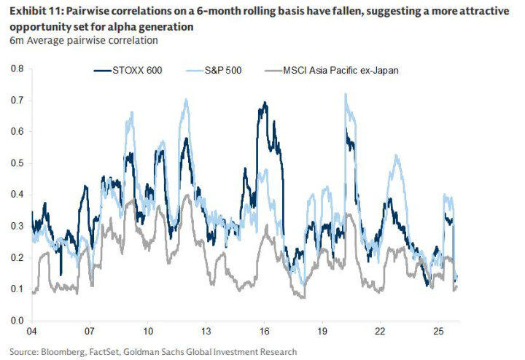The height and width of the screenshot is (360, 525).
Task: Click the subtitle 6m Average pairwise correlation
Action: (x=83, y=40)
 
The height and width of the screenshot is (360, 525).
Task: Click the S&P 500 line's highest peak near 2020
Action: (x=345, y=94)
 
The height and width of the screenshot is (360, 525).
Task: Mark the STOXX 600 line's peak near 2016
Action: (x=264, y=103)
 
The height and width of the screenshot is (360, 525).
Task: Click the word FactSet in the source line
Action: (x=109, y=351)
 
